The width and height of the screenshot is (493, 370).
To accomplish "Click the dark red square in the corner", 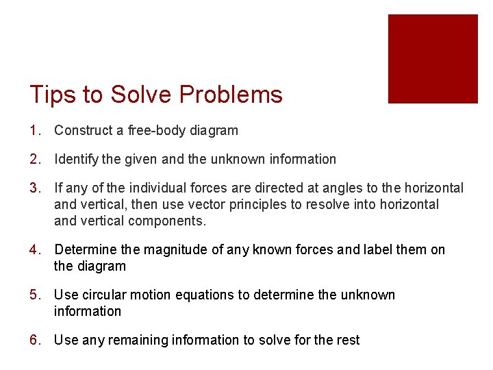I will (x=433, y=59).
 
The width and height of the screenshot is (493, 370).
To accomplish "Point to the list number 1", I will (x=36, y=130).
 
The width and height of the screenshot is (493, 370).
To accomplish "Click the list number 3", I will (x=36, y=188).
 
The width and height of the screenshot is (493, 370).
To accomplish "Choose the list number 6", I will (x=36, y=340).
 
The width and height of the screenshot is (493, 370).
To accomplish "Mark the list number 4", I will (x=36, y=249).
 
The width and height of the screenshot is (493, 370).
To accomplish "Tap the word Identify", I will (x=76, y=159).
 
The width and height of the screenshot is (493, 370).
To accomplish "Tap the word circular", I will (x=108, y=295).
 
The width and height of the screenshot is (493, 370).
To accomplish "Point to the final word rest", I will (x=347, y=340).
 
